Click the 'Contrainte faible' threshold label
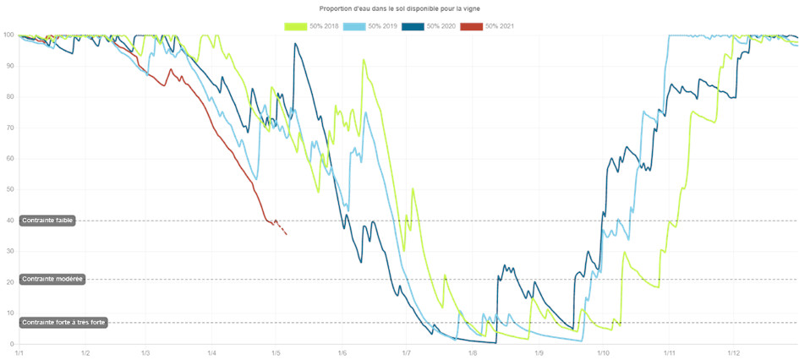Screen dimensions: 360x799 48,221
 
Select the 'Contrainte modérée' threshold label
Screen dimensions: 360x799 52,279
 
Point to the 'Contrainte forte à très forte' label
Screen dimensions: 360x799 63,322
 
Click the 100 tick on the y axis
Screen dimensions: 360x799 8,35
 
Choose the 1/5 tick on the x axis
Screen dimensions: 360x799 276,353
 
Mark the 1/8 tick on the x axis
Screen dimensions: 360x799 472,353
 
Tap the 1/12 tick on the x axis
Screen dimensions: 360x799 733,353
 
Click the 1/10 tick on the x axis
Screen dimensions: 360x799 603,353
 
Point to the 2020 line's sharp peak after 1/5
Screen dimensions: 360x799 294,43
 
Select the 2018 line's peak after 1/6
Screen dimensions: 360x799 364,60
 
